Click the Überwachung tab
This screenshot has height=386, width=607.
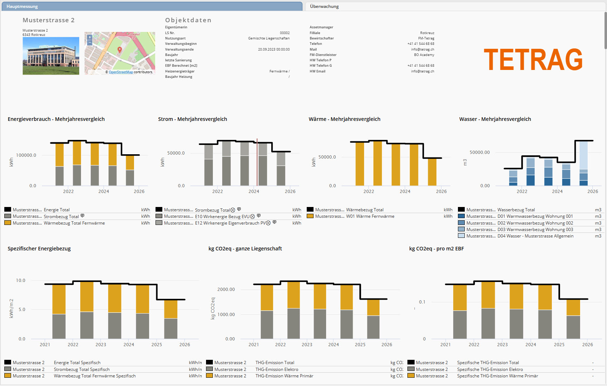(324, 6)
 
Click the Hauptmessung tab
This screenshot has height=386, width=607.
(22, 6)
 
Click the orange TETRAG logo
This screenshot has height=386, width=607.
(533, 60)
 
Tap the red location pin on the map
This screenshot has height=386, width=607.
(120, 50)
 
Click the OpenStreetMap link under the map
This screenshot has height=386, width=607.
(121, 72)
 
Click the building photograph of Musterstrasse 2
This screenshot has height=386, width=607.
(51, 56)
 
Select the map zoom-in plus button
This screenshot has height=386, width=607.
(90, 37)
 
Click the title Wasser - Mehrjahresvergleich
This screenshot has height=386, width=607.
(495, 119)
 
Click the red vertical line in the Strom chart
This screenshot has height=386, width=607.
(257, 161)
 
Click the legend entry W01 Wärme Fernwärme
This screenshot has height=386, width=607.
(370, 216)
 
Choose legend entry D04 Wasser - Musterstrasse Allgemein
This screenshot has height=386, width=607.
(535, 236)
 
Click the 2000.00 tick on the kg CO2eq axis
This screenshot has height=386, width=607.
(226, 289)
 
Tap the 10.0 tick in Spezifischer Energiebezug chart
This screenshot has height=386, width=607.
(21, 281)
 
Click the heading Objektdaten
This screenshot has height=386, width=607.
(188, 20)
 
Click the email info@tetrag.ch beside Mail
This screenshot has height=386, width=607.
(422, 50)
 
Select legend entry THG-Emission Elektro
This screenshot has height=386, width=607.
(277, 369)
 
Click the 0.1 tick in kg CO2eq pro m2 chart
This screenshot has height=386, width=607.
(422, 302)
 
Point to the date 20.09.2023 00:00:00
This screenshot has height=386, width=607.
(274, 50)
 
